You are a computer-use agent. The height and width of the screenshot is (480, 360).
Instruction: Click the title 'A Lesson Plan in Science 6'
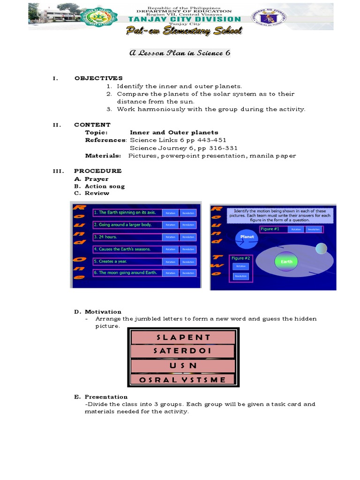180,53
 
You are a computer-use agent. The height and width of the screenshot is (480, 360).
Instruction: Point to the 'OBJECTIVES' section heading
98,78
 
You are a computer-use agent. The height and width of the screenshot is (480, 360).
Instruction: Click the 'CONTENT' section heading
92,125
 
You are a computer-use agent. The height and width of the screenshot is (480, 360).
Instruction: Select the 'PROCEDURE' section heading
98,171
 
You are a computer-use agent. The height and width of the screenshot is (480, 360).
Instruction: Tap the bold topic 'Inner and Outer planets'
174,133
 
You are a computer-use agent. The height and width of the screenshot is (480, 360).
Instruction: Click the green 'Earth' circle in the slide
286,262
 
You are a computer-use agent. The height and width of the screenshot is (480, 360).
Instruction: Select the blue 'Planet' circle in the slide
247,237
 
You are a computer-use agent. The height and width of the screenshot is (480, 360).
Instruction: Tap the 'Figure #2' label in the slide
240,258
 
